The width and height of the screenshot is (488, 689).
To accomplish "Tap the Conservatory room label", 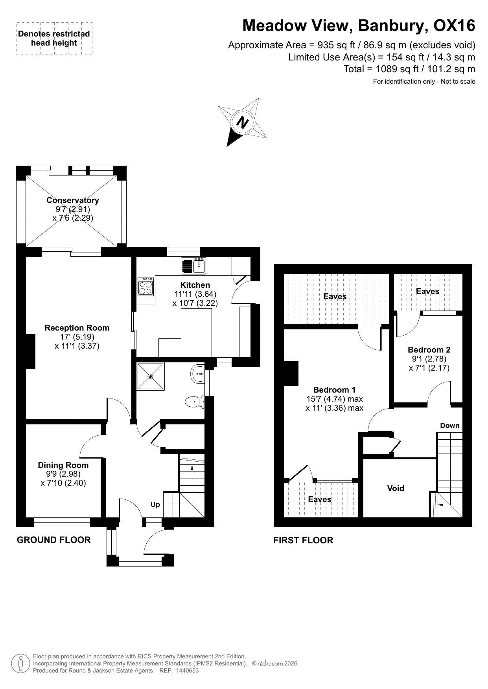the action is (x=73, y=200).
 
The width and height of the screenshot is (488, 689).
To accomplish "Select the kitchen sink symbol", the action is (x=193, y=266).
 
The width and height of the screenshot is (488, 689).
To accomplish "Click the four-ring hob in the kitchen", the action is (x=145, y=286).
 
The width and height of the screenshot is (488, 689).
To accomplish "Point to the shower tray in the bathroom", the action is (x=150, y=376).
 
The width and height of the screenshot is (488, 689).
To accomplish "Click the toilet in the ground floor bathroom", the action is (x=194, y=402).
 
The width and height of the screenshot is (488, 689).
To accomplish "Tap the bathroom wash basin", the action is (x=198, y=374).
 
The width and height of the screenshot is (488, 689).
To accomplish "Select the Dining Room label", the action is (x=63, y=465).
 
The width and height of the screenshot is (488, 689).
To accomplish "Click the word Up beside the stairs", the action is (x=155, y=504).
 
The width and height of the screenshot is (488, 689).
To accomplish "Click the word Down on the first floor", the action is (x=450, y=426).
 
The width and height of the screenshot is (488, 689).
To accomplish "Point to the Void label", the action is (x=396, y=488).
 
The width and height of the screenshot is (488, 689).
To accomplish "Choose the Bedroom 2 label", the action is (x=429, y=350).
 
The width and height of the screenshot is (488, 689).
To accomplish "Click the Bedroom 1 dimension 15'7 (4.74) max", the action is (x=335, y=399).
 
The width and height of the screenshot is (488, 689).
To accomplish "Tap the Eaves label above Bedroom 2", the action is (x=427, y=291).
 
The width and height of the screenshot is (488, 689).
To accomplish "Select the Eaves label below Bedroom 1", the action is (x=320, y=499).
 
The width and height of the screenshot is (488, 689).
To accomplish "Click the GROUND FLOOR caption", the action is (x=54, y=540).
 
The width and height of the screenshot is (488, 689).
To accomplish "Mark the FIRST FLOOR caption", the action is (x=303, y=540).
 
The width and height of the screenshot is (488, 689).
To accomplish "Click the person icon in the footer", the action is (x=20, y=663).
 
